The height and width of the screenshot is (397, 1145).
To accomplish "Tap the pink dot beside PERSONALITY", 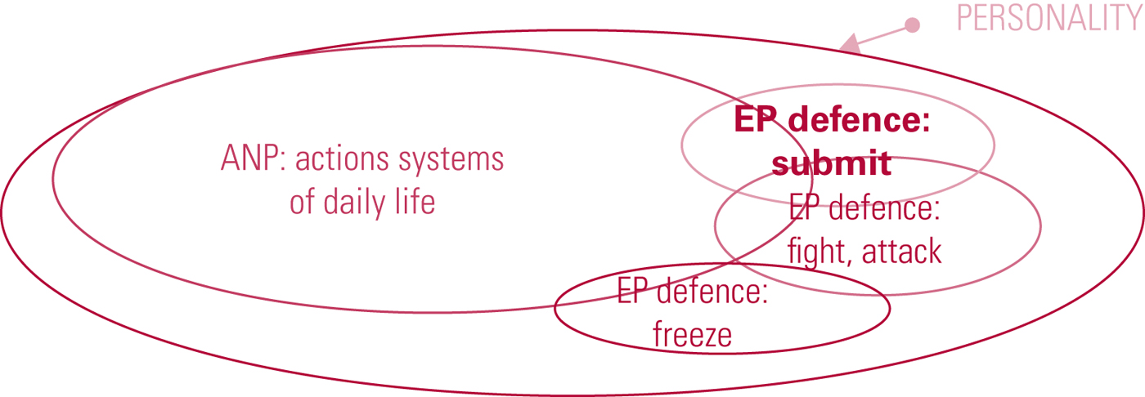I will click(x=912, y=25).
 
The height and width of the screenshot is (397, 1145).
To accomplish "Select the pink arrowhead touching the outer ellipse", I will click(x=851, y=44).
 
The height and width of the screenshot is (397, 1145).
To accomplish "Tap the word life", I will click(x=415, y=201).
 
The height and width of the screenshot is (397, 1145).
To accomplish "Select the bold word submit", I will click(x=831, y=164).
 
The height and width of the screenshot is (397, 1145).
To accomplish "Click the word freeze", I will click(x=692, y=334).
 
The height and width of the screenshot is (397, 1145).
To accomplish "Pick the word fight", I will click(x=820, y=252).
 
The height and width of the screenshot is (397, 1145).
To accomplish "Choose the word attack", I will click(x=902, y=252).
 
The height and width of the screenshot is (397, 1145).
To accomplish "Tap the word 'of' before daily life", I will click(x=302, y=202).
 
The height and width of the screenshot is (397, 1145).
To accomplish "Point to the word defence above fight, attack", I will click(x=883, y=208).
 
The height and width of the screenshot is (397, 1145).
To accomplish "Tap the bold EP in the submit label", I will click(x=755, y=120).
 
